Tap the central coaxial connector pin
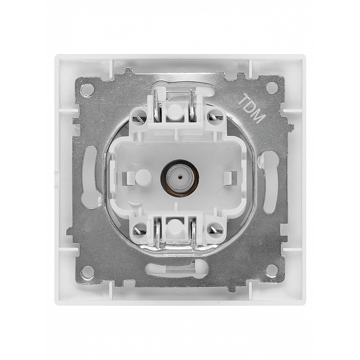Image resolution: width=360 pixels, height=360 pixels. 180,177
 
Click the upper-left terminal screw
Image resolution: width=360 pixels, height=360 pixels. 139,118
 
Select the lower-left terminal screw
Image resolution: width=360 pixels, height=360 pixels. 139,230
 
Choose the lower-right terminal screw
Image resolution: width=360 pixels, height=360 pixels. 216,230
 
